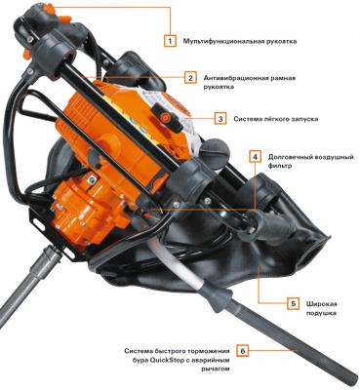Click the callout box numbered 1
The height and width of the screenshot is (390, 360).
coord(170,41)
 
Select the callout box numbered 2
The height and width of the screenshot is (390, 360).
coord(190,78)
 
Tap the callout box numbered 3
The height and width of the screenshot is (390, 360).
coord(220,119)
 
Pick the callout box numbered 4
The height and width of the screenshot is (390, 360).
coord(256,157)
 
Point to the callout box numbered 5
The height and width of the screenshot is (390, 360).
coord(294,304)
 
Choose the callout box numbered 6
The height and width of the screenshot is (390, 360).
coord(243,351)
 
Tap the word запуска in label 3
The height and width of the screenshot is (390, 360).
coord(304,119)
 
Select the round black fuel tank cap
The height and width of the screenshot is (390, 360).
coord(217,149)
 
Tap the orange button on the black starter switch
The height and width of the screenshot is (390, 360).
coord(164,117)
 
